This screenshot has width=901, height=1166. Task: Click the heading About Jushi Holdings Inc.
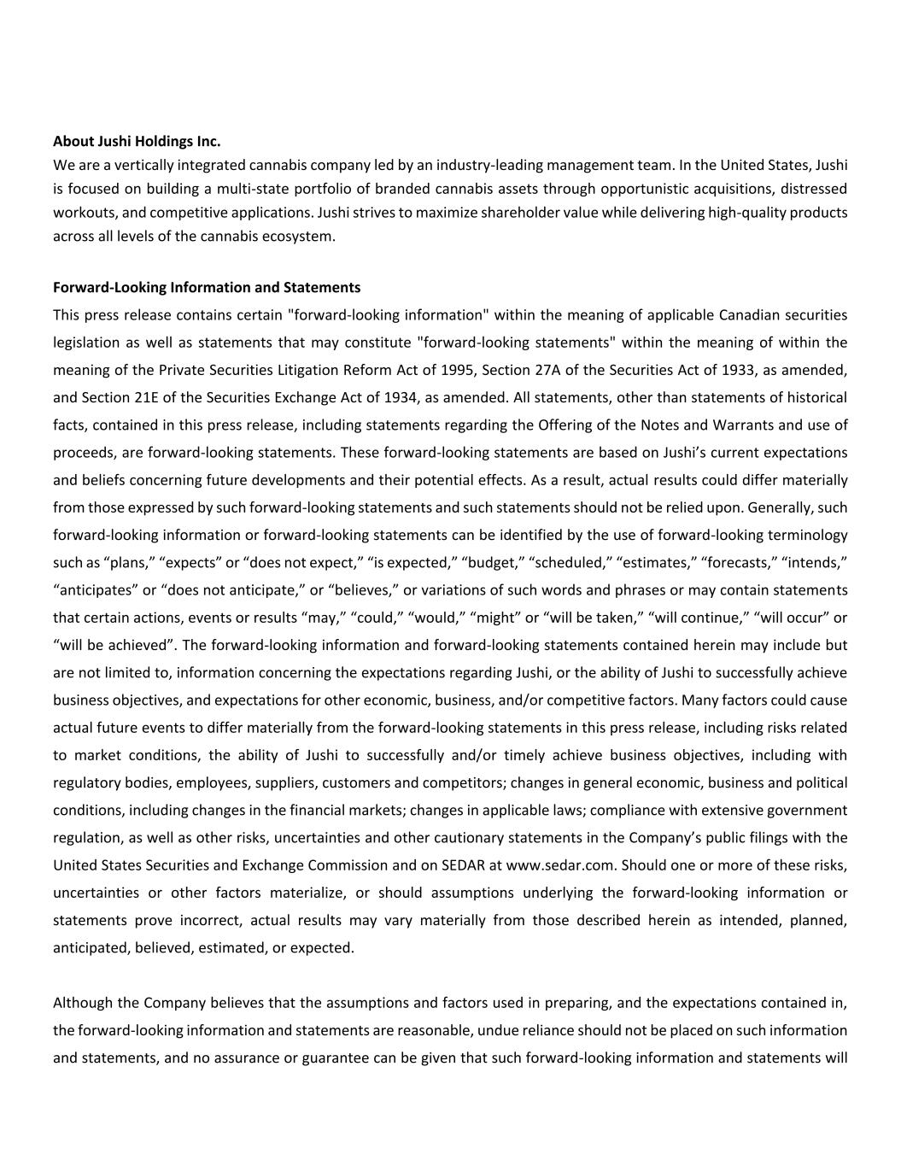coord(137,141)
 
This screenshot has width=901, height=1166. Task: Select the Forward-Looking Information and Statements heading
coord(207,287)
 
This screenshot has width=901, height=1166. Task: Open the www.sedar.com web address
coord(560,864)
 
